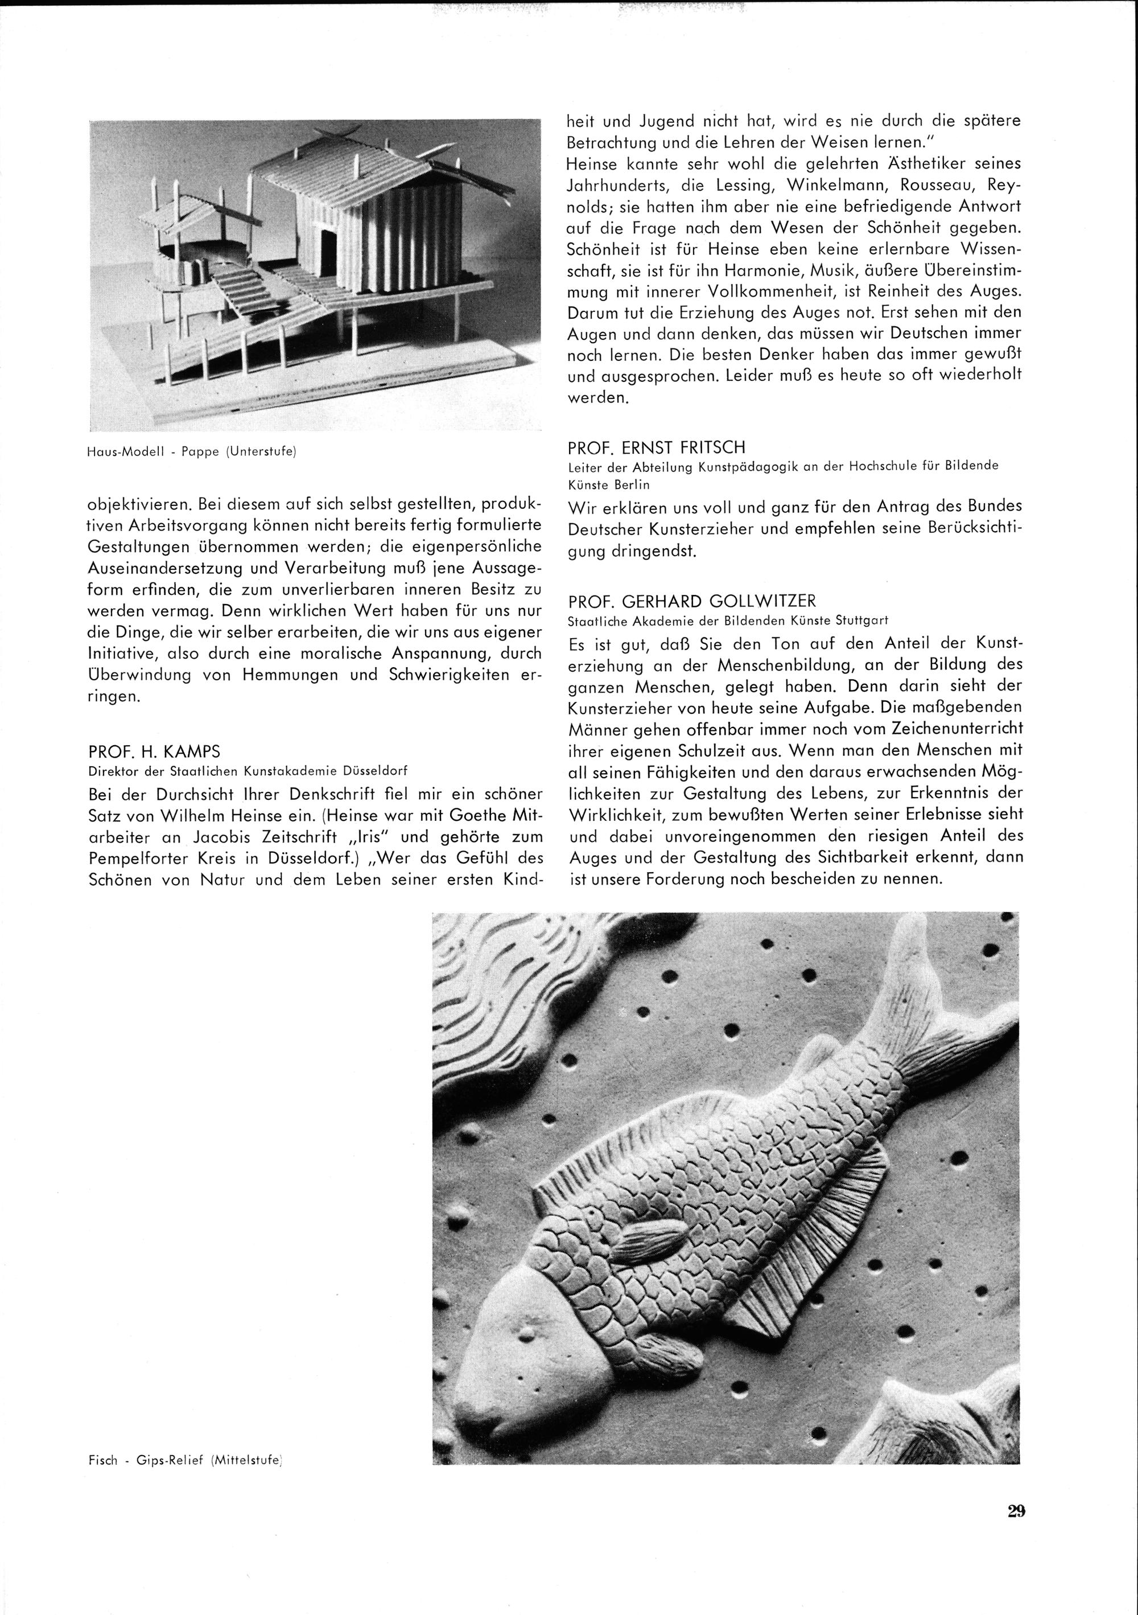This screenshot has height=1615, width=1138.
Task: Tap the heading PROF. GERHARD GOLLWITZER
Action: point(693,601)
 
